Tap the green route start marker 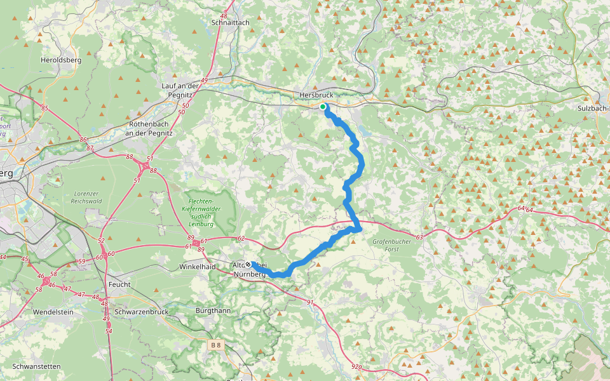tap(323, 107)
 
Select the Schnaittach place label tap(230, 22)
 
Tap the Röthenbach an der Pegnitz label tap(147, 128)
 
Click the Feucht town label tap(119, 284)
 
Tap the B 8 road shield tap(217, 345)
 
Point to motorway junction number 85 tap(44, 109)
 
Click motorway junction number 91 tap(310, 302)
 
